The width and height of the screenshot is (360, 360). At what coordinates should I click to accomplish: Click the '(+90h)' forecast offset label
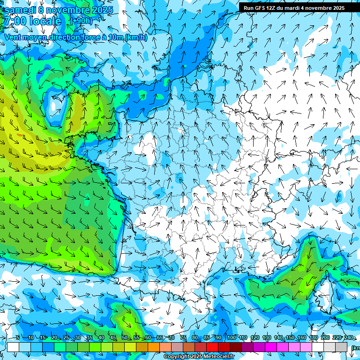81,21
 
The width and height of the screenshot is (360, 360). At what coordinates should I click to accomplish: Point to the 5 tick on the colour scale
17,337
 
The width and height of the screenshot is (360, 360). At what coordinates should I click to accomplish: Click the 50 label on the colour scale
124,337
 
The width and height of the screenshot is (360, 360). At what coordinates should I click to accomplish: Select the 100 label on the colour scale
231,337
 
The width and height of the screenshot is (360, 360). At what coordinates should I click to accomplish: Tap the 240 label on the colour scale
348,337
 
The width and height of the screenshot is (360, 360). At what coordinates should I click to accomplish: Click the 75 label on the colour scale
183,337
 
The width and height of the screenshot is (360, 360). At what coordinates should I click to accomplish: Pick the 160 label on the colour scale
301,337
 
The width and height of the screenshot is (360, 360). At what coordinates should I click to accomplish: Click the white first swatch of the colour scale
13,347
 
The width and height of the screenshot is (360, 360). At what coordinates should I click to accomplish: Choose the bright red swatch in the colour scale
212,347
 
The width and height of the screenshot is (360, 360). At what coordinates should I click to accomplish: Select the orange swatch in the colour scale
154,347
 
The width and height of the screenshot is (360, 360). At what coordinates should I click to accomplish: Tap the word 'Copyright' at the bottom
176,357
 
